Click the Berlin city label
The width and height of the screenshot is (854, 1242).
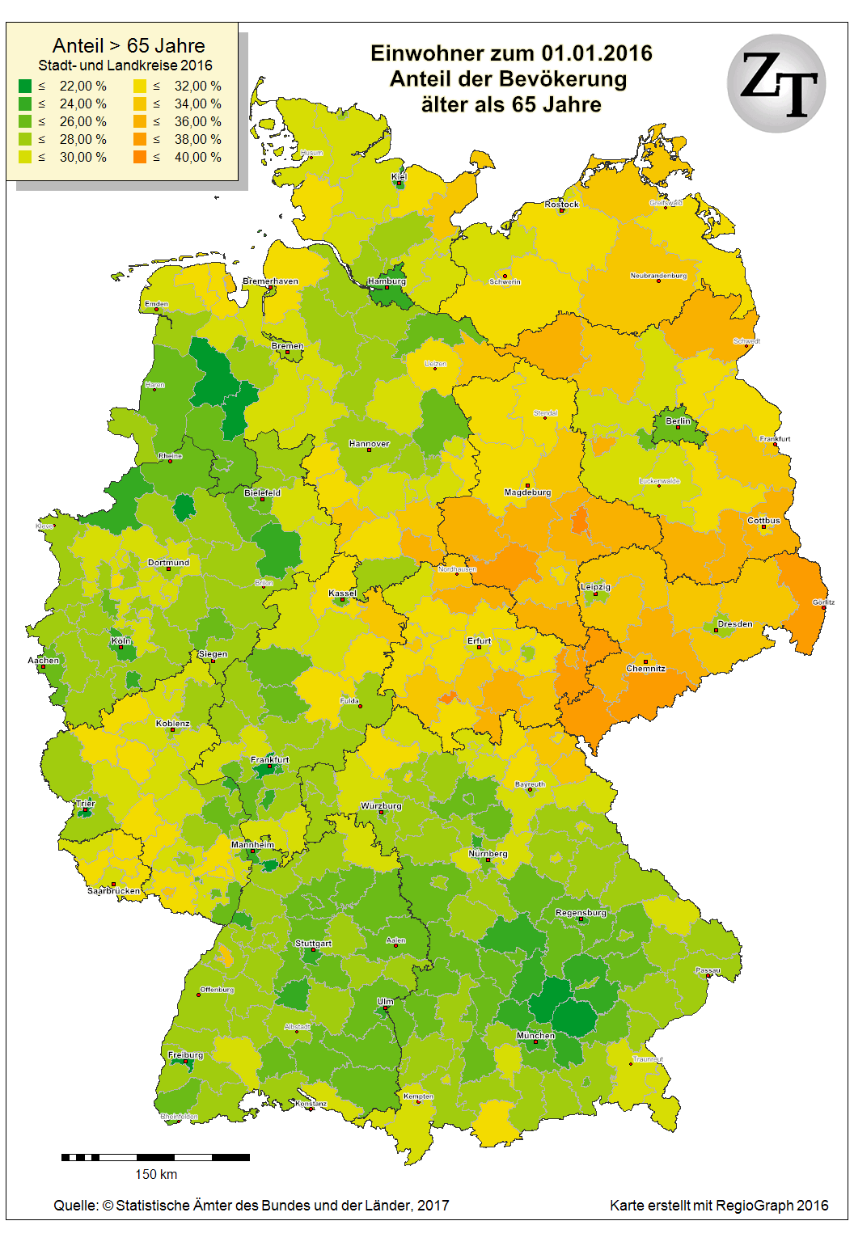pos(678,420)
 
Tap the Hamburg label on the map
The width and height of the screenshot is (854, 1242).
pos(387,281)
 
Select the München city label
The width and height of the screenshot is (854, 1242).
pos(535,1035)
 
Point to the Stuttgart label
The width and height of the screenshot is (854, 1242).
pos(313,943)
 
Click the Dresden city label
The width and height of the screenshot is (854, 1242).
pos(734,623)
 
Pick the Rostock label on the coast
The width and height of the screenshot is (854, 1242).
pos(561,205)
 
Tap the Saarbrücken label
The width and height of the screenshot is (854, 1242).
pos(113,890)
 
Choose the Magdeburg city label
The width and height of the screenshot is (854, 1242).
pos(527,492)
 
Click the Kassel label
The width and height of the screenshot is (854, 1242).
pos(342,593)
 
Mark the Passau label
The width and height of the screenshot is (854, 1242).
pos(708,970)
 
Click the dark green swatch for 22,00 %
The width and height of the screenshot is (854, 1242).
pos(25,86)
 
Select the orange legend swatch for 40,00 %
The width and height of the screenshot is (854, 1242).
pos(140,157)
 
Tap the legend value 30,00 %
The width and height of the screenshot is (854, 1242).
pos(82,157)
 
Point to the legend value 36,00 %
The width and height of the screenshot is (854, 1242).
pos(197,121)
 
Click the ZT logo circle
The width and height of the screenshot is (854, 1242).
pos(776,83)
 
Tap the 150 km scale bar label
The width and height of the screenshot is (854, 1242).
pos(155,1174)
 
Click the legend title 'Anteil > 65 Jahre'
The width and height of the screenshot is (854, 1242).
pos(129,45)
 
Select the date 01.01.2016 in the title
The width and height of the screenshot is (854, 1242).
pos(596,53)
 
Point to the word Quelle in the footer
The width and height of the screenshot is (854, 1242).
pos(76,1205)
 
